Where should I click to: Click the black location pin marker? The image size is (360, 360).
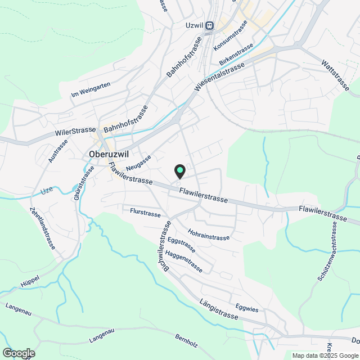[x=180, y=170]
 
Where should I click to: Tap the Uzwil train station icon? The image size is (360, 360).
[x=210, y=25]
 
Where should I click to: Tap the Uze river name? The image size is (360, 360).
[x=46, y=192]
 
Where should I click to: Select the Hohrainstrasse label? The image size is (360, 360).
[x=209, y=234]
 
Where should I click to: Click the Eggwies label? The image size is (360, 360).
[x=247, y=309]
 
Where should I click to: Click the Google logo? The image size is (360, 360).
[x=18, y=353]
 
